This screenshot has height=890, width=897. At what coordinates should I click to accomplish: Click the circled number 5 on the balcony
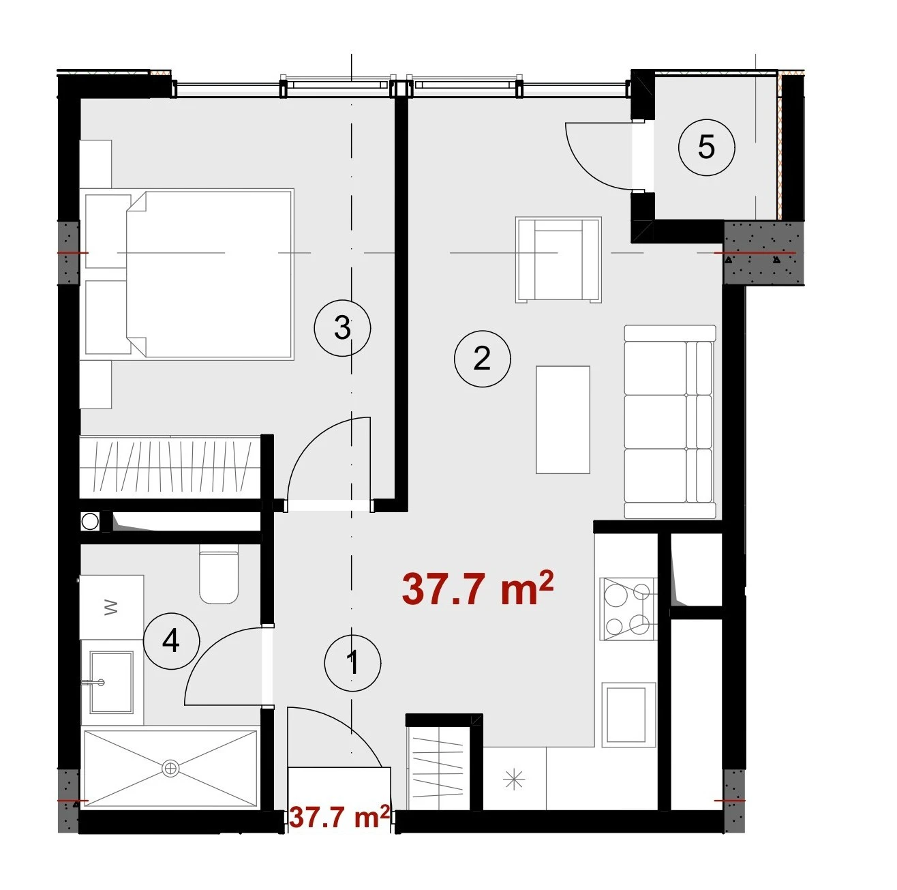point(705,147)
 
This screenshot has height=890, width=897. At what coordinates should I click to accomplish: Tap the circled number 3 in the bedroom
point(342,327)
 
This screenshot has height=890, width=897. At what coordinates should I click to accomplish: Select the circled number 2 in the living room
point(482,358)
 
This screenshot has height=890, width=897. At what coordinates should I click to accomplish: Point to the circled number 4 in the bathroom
point(171,641)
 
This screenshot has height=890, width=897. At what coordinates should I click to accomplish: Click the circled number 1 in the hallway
point(352,663)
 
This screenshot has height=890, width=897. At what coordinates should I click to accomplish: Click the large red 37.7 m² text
point(478,589)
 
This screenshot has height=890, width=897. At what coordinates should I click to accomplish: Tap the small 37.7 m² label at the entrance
point(339,816)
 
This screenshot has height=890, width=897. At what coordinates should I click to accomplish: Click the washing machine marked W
point(111,607)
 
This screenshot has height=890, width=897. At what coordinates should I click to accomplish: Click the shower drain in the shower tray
point(170,768)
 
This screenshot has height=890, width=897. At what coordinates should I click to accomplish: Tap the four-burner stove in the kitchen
point(628,608)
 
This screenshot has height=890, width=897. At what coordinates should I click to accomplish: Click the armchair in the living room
point(558,260)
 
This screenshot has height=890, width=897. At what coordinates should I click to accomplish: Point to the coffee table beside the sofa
point(563,419)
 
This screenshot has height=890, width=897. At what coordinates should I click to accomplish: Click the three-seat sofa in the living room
point(669,421)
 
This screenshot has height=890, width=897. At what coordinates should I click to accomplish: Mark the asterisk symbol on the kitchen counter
point(514,779)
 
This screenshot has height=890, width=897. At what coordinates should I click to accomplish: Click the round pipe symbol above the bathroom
point(89,522)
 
